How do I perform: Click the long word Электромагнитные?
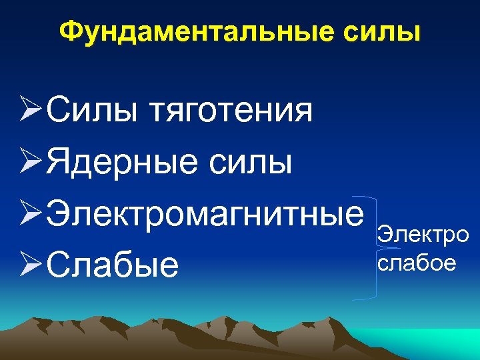[x=205, y=213]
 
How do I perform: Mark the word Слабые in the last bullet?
[x=113, y=264]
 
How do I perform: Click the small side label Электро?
[x=423, y=235]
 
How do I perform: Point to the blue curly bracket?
[x=373, y=247]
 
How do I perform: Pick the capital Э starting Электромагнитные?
[x=58, y=213]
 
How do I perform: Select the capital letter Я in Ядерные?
[x=59, y=162]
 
